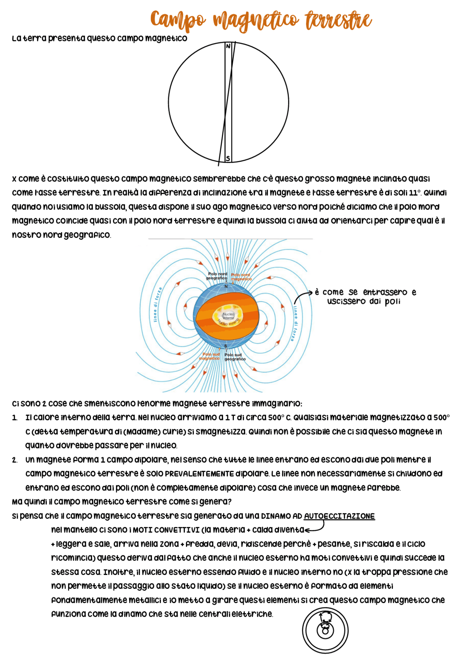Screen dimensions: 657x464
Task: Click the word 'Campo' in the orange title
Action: tap(178, 20)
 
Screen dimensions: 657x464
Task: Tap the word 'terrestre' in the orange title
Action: tap(338, 20)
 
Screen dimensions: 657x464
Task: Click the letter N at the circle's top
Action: tap(228, 46)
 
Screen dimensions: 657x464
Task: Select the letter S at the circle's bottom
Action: tap(228, 159)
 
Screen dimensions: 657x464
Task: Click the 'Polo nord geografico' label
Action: tap(217, 276)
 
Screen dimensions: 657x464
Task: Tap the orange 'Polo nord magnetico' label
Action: tap(241, 277)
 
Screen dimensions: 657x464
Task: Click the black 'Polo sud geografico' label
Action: tap(235, 357)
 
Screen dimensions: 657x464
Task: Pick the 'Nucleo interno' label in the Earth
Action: tap(228, 316)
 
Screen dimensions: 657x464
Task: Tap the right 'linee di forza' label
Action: tap(295, 323)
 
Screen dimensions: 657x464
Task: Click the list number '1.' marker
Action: tap(14, 418)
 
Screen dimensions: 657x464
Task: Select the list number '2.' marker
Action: tap(14, 460)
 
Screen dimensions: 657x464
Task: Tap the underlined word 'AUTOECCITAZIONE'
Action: tap(339, 516)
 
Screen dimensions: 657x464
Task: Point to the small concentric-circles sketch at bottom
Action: tap(325, 631)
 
